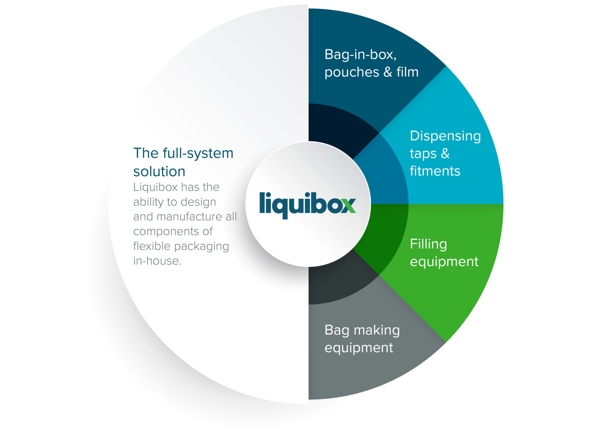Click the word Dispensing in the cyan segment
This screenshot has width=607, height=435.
445,136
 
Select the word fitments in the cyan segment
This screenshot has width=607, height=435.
435,171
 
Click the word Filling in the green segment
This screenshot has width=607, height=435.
428,245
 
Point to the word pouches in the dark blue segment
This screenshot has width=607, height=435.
352,72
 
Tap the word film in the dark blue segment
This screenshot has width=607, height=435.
407,72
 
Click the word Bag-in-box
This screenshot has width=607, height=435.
360,55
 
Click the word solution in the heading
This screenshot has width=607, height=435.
159,172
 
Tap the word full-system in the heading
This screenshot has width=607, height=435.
198,153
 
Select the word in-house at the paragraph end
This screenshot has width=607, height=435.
157,261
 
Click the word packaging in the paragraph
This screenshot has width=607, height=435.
201,246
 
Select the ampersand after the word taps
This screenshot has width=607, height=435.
445,154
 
